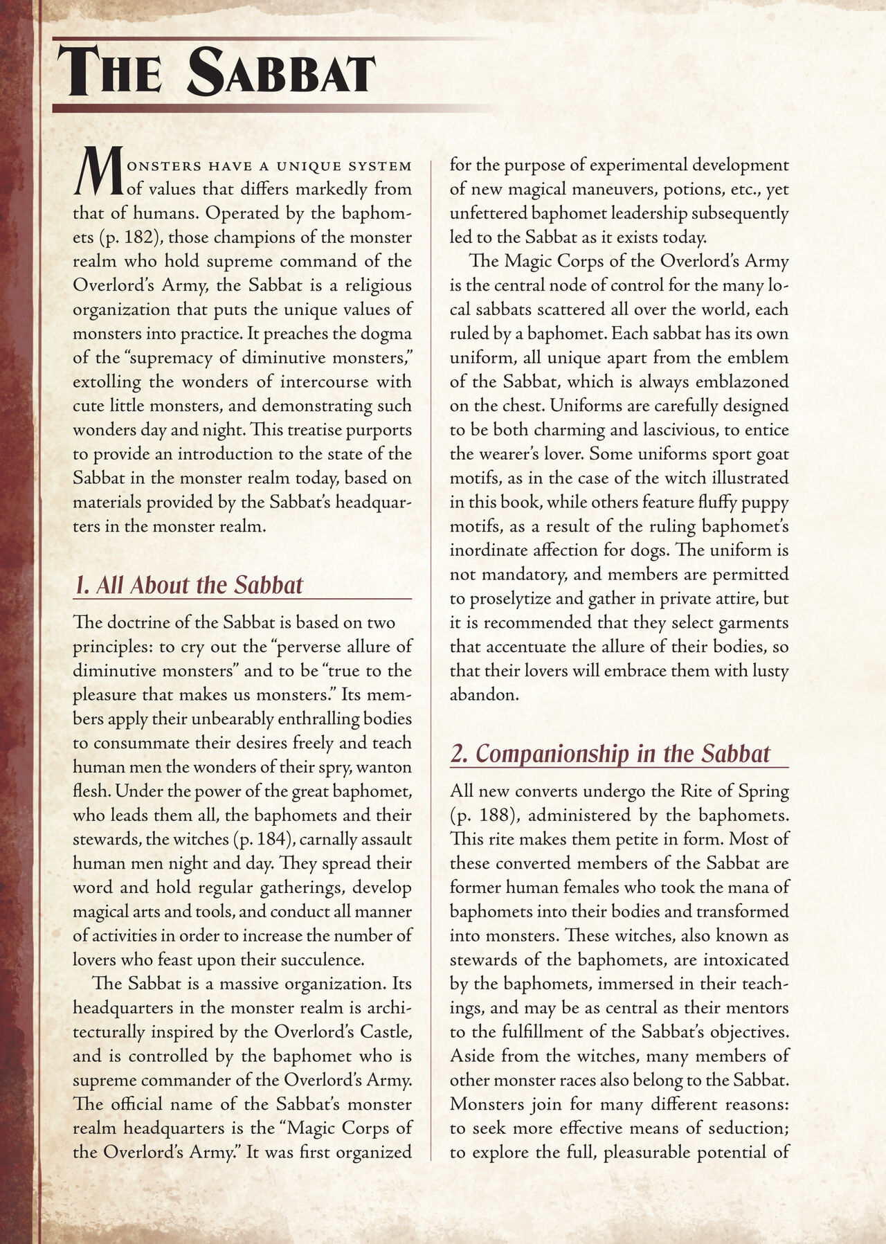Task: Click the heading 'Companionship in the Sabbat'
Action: pos(610,753)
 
